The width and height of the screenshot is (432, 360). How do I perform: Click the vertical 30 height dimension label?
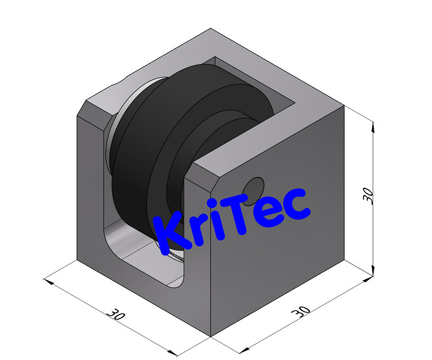tap(369, 196)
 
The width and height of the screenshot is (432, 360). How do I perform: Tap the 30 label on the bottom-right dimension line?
tap(301, 312)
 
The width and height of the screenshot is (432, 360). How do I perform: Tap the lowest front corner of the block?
tap(211, 336)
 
